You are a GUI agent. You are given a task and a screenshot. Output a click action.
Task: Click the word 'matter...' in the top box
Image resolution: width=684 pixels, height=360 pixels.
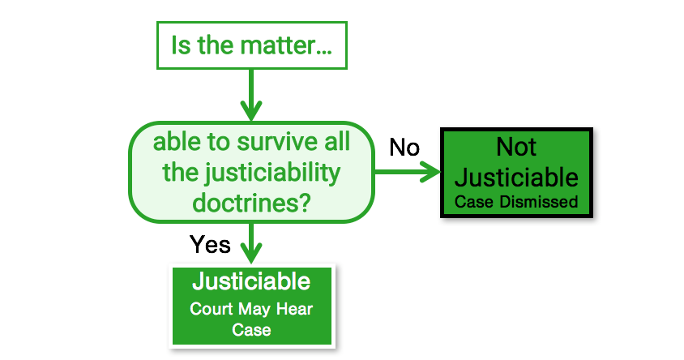point(286,45)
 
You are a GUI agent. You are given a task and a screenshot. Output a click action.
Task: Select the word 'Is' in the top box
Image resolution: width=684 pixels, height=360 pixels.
point(181,45)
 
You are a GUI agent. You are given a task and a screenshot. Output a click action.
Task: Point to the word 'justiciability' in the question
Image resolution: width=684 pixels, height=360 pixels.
point(273,174)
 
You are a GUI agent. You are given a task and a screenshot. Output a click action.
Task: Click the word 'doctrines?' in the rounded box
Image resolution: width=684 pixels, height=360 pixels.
point(251,203)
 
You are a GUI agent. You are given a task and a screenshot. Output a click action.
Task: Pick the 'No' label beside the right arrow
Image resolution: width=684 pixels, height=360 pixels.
point(404,148)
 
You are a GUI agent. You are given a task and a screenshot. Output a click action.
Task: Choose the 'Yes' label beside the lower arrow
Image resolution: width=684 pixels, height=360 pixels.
point(210,244)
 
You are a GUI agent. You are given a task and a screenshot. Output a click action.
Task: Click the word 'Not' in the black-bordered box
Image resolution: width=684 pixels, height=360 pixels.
point(516,147)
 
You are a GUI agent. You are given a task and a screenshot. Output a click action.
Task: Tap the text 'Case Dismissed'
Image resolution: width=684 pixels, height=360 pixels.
point(516,202)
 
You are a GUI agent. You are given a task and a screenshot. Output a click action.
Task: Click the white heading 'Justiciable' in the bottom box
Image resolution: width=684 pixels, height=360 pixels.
point(251,281)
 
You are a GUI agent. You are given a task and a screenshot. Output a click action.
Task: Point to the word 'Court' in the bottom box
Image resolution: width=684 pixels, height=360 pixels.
point(212,309)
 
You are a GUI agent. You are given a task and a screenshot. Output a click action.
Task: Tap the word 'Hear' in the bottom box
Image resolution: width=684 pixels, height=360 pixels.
point(295,309)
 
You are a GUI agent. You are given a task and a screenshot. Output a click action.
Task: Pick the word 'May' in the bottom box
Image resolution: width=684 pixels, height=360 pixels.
point(254,310)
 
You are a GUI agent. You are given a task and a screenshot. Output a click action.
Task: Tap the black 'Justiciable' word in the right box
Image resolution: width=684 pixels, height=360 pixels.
point(516,178)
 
